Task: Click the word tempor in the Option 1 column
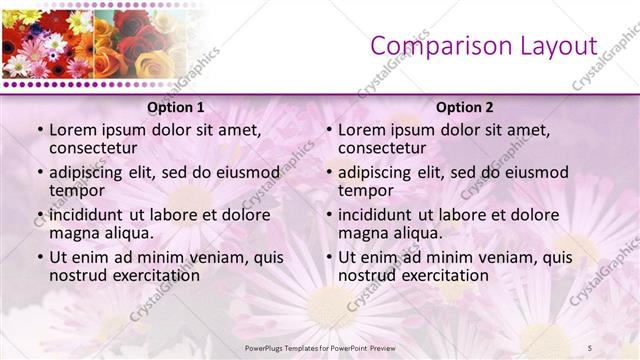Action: point(77,190)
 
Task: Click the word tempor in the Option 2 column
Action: point(366,190)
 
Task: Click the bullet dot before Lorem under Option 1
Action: point(40,130)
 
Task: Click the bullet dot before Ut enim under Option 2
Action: point(329,257)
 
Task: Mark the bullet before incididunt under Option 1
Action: point(40,215)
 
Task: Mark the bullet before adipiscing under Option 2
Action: point(329,172)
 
